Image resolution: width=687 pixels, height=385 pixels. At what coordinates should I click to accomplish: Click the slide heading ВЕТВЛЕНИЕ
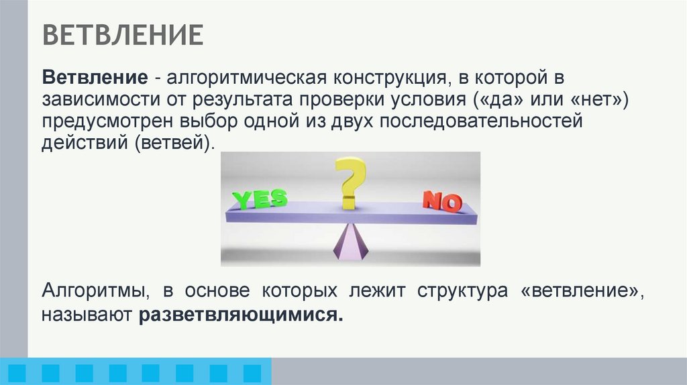click(x=123, y=35)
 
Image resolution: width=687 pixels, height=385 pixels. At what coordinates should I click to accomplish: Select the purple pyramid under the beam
click(x=350, y=242)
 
